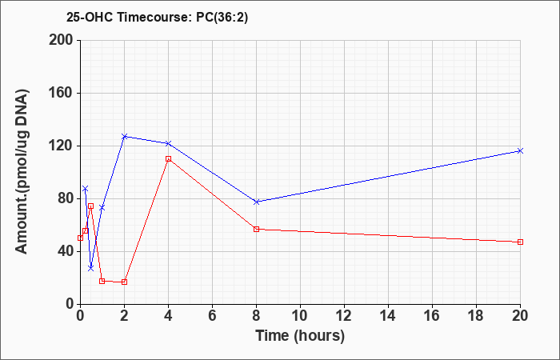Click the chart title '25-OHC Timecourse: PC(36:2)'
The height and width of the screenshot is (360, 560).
(157, 18)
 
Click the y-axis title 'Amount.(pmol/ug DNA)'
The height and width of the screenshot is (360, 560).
(22, 172)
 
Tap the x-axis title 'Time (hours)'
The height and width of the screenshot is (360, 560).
(300, 336)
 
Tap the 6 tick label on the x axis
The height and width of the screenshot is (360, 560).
(212, 316)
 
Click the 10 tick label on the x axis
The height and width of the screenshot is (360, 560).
(300, 316)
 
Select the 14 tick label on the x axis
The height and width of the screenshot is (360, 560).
(388, 316)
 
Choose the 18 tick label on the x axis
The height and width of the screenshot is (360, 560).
(476, 316)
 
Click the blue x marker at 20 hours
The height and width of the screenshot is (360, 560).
(520, 150)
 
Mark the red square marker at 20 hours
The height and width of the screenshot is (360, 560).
(520, 242)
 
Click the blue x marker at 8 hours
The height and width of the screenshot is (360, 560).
(256, 202)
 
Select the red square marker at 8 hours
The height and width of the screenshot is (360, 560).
(256, 229)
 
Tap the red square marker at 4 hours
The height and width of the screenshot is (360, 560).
(168, 158)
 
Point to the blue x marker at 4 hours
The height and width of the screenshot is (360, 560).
(168, 143)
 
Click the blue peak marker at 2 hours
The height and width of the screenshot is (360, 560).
(124, 137)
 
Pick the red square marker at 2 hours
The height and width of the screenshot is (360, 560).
(124, 282)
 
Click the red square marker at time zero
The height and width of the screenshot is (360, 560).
(80, 238)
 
